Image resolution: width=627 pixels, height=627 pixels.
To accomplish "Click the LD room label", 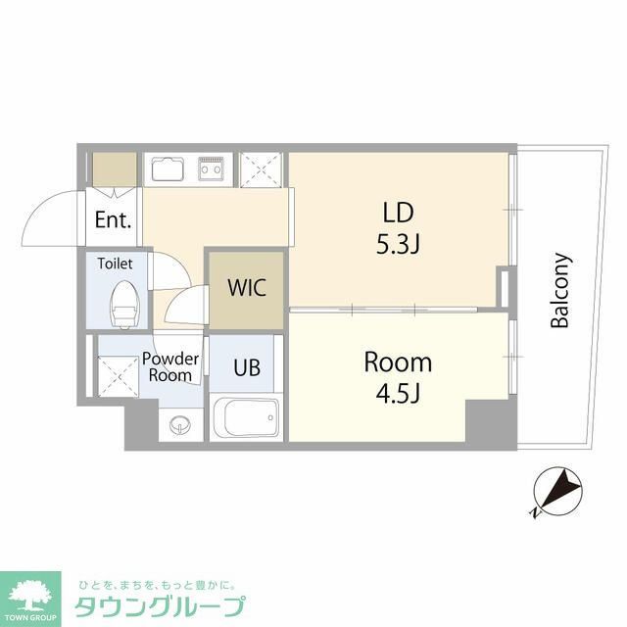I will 399,213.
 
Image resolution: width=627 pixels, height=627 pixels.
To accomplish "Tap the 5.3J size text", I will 399,243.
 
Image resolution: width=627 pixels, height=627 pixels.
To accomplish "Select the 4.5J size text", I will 398,394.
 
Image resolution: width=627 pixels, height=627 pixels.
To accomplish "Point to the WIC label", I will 246,289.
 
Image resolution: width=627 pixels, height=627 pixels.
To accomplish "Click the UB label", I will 247,368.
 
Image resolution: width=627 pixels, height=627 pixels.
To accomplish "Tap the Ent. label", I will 114,220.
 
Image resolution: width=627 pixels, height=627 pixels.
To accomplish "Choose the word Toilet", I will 115,264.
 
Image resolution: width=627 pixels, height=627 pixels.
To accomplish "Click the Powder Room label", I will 172,366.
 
